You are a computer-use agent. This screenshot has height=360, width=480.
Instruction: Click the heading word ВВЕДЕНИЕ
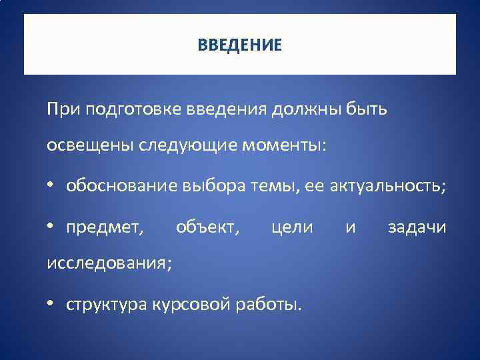[240, 45]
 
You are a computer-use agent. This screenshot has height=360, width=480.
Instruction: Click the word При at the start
[61, 108]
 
